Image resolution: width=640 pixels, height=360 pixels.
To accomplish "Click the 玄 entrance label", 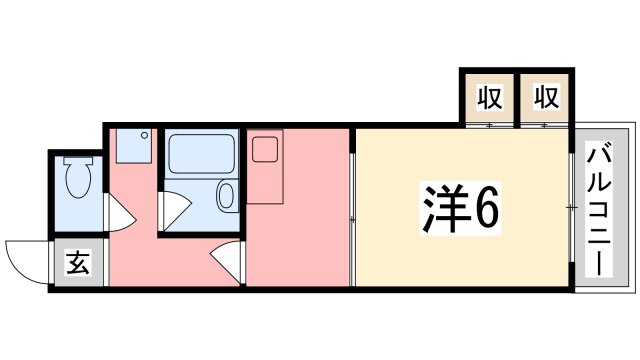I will pos(76,266).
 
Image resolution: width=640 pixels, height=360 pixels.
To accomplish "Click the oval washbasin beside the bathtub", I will pos(226,196).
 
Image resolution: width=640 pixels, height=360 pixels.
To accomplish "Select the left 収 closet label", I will pos(488,99).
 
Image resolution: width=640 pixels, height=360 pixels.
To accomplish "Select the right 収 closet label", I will pos(545,99).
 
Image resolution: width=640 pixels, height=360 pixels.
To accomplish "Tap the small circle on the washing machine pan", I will pos(144,134).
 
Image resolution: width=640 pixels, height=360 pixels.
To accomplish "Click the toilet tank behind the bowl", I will pos(77,160).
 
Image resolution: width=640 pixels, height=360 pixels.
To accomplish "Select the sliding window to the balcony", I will pos(572,208).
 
